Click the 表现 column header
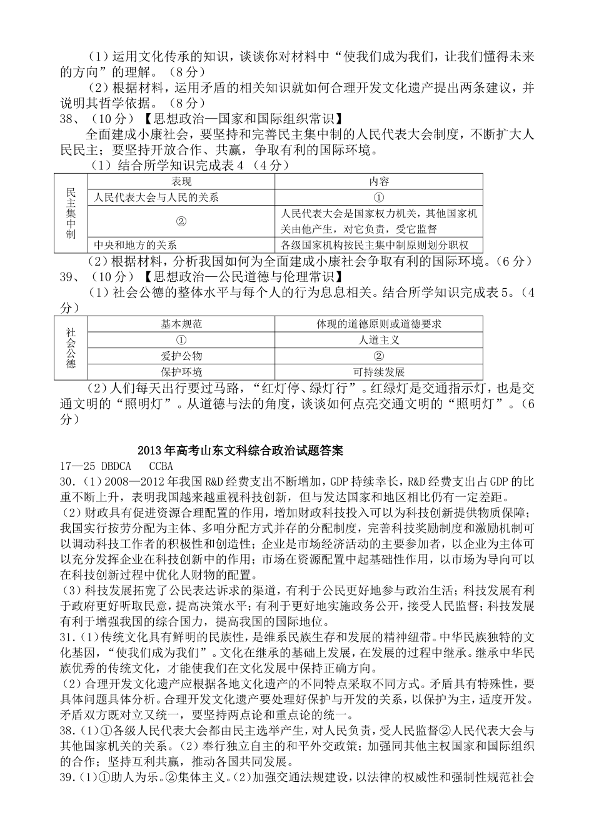pos(181,181)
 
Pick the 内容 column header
pos(379,181)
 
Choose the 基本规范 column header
pos(181,324)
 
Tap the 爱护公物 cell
pos(181,356)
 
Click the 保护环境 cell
pos(181,372)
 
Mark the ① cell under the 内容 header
pos(379,197)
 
